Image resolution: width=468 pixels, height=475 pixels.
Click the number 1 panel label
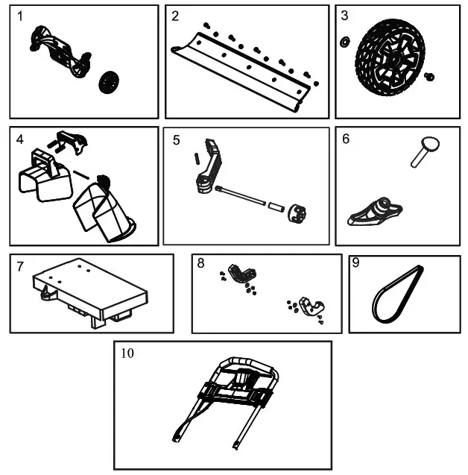(22, 16)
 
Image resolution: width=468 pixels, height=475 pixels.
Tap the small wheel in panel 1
(109, 82)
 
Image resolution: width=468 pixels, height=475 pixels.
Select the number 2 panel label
(176, 16)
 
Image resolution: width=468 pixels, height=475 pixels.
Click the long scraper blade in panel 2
(238, 72)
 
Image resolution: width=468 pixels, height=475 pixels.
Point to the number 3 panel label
(344, 15)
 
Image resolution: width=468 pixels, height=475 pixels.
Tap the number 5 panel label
(177, 139)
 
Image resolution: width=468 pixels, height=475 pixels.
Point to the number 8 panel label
(201, 263)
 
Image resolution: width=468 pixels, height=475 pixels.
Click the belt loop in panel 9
(397, 295)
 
